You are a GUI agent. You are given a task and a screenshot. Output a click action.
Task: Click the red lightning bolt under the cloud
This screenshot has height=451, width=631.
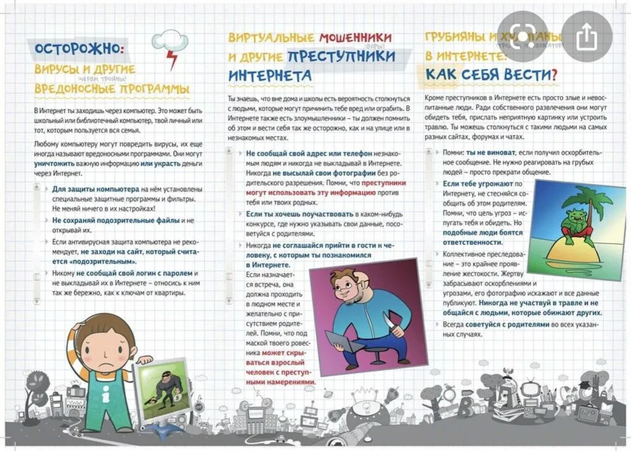tap(171, 60)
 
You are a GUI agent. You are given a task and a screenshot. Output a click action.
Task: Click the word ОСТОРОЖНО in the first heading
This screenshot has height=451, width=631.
tap(79, 49)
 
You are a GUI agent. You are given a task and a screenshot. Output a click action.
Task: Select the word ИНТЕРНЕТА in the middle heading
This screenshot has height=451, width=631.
tap(270, 76)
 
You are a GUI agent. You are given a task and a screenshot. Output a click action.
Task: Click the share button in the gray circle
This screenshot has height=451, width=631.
tap(587, 37)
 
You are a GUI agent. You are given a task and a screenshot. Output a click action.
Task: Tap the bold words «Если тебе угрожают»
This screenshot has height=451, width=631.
tap(482, 183)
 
